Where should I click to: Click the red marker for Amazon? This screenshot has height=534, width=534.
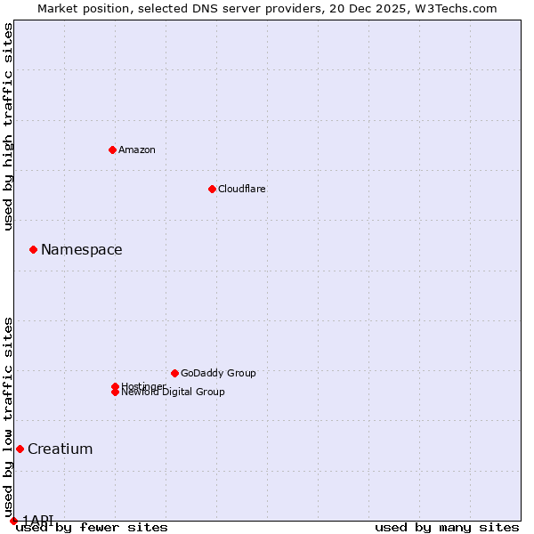tap(112, 150)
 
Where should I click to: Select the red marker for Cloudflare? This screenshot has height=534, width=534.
tap(212, 189)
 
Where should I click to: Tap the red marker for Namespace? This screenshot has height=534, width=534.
tap(33, 249)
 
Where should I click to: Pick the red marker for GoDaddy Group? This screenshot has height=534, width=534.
tap(174, 373)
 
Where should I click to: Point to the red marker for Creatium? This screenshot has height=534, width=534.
tap(20, 449)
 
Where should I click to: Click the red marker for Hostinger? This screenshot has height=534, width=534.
tap(115, 386)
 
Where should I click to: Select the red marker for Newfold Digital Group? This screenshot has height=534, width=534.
tap(115, 392)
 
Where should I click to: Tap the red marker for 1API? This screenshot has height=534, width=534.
tap(13, 521)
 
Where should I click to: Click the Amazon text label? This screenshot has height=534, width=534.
tap(137, 150)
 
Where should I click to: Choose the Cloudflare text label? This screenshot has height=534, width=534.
tap(242, 189)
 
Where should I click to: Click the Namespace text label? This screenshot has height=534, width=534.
tap(82, 249)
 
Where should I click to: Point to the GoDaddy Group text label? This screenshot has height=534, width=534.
tap(218, 373)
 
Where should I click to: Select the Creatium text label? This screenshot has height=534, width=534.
tap(61, 449)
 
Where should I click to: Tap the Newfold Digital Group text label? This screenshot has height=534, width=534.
tap(174, 392)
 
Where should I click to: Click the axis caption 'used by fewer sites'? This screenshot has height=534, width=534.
tap(92, 527)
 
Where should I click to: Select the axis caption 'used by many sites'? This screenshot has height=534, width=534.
tap(447, 527)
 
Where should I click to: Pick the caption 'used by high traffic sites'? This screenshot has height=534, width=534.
tap(8, 126)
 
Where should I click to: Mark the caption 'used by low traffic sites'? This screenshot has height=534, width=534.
tap(8, 417)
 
